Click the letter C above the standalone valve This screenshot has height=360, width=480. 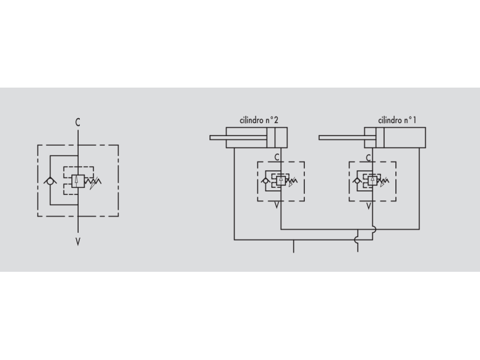point(78,122)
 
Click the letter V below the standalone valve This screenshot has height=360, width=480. point(78,242)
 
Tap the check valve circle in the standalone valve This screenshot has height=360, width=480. point(50,181)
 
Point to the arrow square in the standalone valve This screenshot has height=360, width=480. point(78,181)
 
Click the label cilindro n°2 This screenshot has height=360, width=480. point(259,121)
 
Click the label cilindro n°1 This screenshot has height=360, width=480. point(397,121)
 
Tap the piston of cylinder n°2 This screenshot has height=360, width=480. point(271,138)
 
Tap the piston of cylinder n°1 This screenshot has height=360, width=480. point(380,138)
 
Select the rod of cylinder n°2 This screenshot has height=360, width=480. point(238,138)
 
